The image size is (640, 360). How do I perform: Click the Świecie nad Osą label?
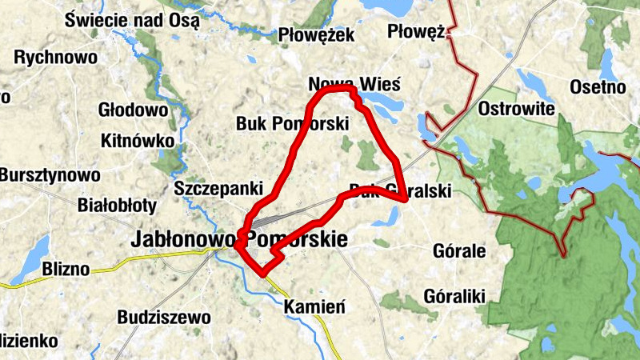133,20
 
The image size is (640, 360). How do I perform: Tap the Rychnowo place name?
56,58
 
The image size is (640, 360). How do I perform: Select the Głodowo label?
133,110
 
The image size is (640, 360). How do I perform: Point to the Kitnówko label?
138,141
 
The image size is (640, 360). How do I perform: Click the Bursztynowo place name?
50,174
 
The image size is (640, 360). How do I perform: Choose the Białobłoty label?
117,205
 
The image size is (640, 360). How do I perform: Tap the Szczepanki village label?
218,189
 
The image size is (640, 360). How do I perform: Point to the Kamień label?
314,306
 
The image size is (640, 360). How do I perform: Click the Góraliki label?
455,297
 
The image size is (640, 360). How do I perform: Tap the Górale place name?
458,251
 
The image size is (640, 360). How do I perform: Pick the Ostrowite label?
516,108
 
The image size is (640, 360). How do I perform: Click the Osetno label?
602,86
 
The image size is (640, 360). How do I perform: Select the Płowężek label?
316,35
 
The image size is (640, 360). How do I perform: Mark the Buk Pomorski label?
293,124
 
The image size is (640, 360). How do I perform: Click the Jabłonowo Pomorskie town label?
239,238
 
